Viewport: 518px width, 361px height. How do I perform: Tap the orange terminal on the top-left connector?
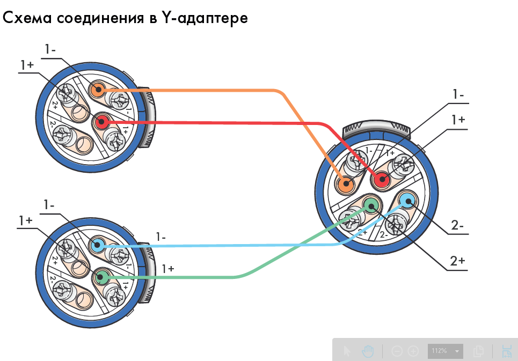(97, 90)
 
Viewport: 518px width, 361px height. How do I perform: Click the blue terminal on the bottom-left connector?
(97, 246)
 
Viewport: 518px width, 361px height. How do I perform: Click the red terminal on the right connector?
(382, 180)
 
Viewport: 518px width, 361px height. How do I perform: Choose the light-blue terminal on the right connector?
(407, 202)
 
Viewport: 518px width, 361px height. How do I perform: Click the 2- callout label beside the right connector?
(457, 226)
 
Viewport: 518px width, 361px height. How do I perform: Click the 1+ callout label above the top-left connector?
(27, 65)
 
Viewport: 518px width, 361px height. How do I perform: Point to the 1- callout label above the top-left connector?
(51, 49)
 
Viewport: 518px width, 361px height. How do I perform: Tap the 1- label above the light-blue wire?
(160, 237)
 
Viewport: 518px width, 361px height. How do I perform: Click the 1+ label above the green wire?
(167, 269)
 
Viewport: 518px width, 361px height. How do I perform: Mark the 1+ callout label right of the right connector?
(457, 120)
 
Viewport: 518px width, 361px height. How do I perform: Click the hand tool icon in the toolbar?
(368, 351)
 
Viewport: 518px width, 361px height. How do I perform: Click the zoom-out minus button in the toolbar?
(397, 351)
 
